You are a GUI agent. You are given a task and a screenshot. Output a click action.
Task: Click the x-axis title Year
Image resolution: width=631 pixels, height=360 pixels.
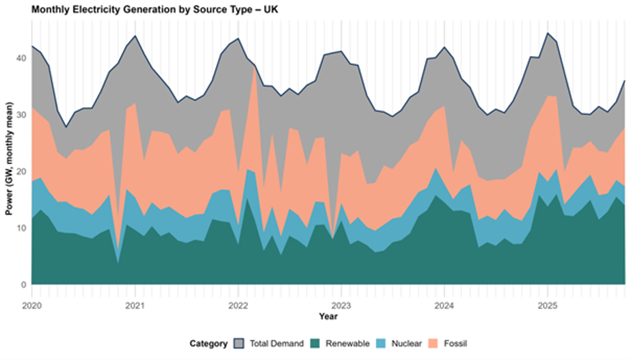[x=329, y=316]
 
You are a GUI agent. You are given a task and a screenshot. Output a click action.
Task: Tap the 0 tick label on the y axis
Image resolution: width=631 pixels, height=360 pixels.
[x=24, y=285]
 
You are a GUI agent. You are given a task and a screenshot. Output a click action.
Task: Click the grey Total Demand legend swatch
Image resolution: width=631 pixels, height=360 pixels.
[x=240, y=344]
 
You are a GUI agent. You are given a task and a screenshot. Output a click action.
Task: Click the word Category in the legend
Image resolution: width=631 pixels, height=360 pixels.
[x=209, y=344]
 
